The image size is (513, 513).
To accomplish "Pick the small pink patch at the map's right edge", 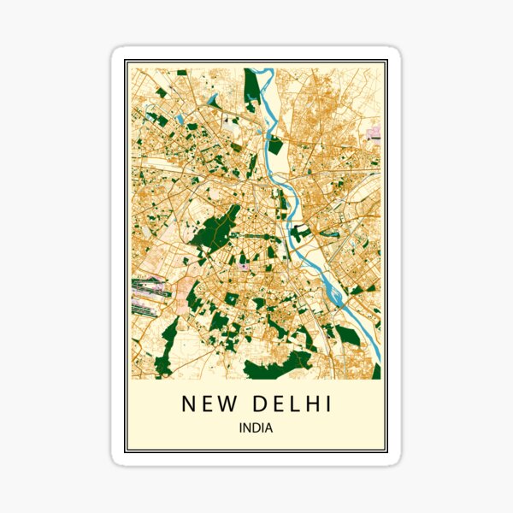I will click(x=374, y=133).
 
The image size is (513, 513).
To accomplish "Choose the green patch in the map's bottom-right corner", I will click(x=376, y=371).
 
